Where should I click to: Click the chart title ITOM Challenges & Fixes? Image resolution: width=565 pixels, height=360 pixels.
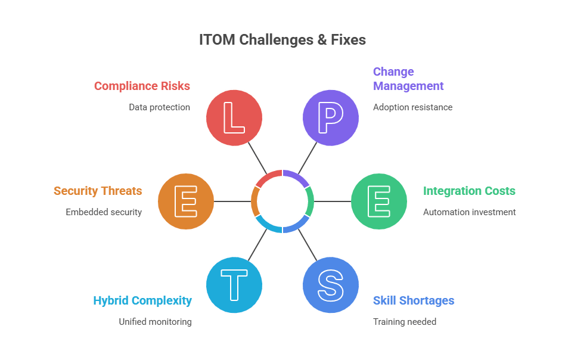[282, 40]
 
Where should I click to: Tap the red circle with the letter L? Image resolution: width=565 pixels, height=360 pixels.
[234, 118]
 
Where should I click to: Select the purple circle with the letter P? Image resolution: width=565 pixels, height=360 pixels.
[331, 118]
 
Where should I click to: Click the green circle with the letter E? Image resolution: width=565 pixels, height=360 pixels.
[379, 201]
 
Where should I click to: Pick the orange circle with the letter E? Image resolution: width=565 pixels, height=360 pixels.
[186, 201]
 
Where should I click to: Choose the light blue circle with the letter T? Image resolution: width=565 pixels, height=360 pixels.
[234, 285]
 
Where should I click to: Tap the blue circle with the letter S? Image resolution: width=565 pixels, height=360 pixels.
[331, 285]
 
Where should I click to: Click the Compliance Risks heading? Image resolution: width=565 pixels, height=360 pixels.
[142, 86]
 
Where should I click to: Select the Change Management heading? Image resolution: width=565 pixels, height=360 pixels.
[408, 79]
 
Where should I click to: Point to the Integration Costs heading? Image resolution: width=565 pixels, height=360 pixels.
[469, 191]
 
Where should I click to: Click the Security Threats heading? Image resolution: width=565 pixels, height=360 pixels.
[98, 191]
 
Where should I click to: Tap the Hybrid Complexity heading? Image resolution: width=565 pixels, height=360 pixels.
[142, 300]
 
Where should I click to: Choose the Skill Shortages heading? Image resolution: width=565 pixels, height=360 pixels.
[414, 300]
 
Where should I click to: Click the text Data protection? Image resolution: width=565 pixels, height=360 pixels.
[160, 107]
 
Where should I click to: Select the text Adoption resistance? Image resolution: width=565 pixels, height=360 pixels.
[412, 107]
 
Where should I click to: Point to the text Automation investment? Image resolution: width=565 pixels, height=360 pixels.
[469, 212]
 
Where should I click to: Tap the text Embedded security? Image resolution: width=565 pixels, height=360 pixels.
[104, 212]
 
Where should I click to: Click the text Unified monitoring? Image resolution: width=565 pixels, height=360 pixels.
[155, 321]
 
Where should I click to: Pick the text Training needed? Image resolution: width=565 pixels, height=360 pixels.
[405, 321]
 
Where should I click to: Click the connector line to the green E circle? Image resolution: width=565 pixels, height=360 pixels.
[333, 201]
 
